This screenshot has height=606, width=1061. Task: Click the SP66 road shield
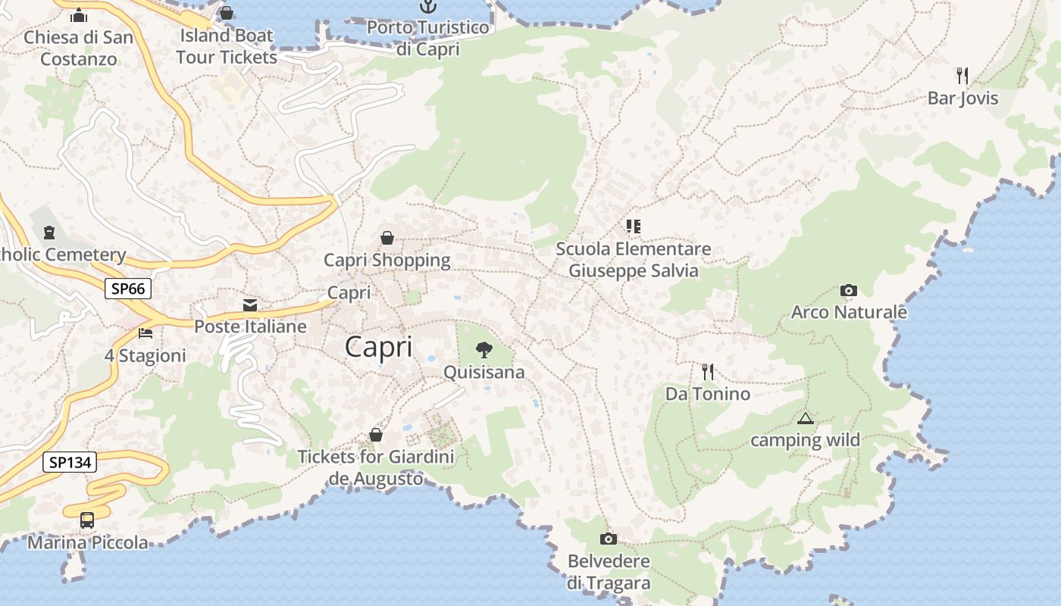pos(128,289)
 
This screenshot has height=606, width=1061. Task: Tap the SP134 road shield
pos(70,462)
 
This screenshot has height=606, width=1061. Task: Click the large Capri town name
pos(379,347)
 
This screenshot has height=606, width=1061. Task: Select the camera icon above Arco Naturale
pos(849,290)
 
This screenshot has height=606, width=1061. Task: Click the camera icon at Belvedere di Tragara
pos(608,539)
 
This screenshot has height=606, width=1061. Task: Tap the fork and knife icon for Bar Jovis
pos(962,75)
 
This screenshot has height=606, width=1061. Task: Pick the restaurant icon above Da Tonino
pos(708,371)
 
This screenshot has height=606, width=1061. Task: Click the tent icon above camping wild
pos(805,418)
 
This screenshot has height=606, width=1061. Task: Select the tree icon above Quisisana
pos(484,349)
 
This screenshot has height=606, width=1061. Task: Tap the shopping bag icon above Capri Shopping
pos(387,238)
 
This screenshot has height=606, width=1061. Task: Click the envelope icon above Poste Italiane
pos(250,305)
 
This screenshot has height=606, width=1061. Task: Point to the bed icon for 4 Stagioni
pos(146,333)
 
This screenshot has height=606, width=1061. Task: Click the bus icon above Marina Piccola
pos(87,520)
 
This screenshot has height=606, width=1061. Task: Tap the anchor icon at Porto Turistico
pos(428,7)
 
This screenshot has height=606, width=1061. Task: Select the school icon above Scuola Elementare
pos(634,226)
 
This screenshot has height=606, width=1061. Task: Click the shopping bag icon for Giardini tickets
pos(376,435)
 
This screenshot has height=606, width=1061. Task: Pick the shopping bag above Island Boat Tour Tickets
pos(227,13)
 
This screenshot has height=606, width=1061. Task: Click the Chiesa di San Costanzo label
pos(79,48)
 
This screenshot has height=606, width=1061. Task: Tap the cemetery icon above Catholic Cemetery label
pos(50,232)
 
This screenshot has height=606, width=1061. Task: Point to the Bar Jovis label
pos(962,98)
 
